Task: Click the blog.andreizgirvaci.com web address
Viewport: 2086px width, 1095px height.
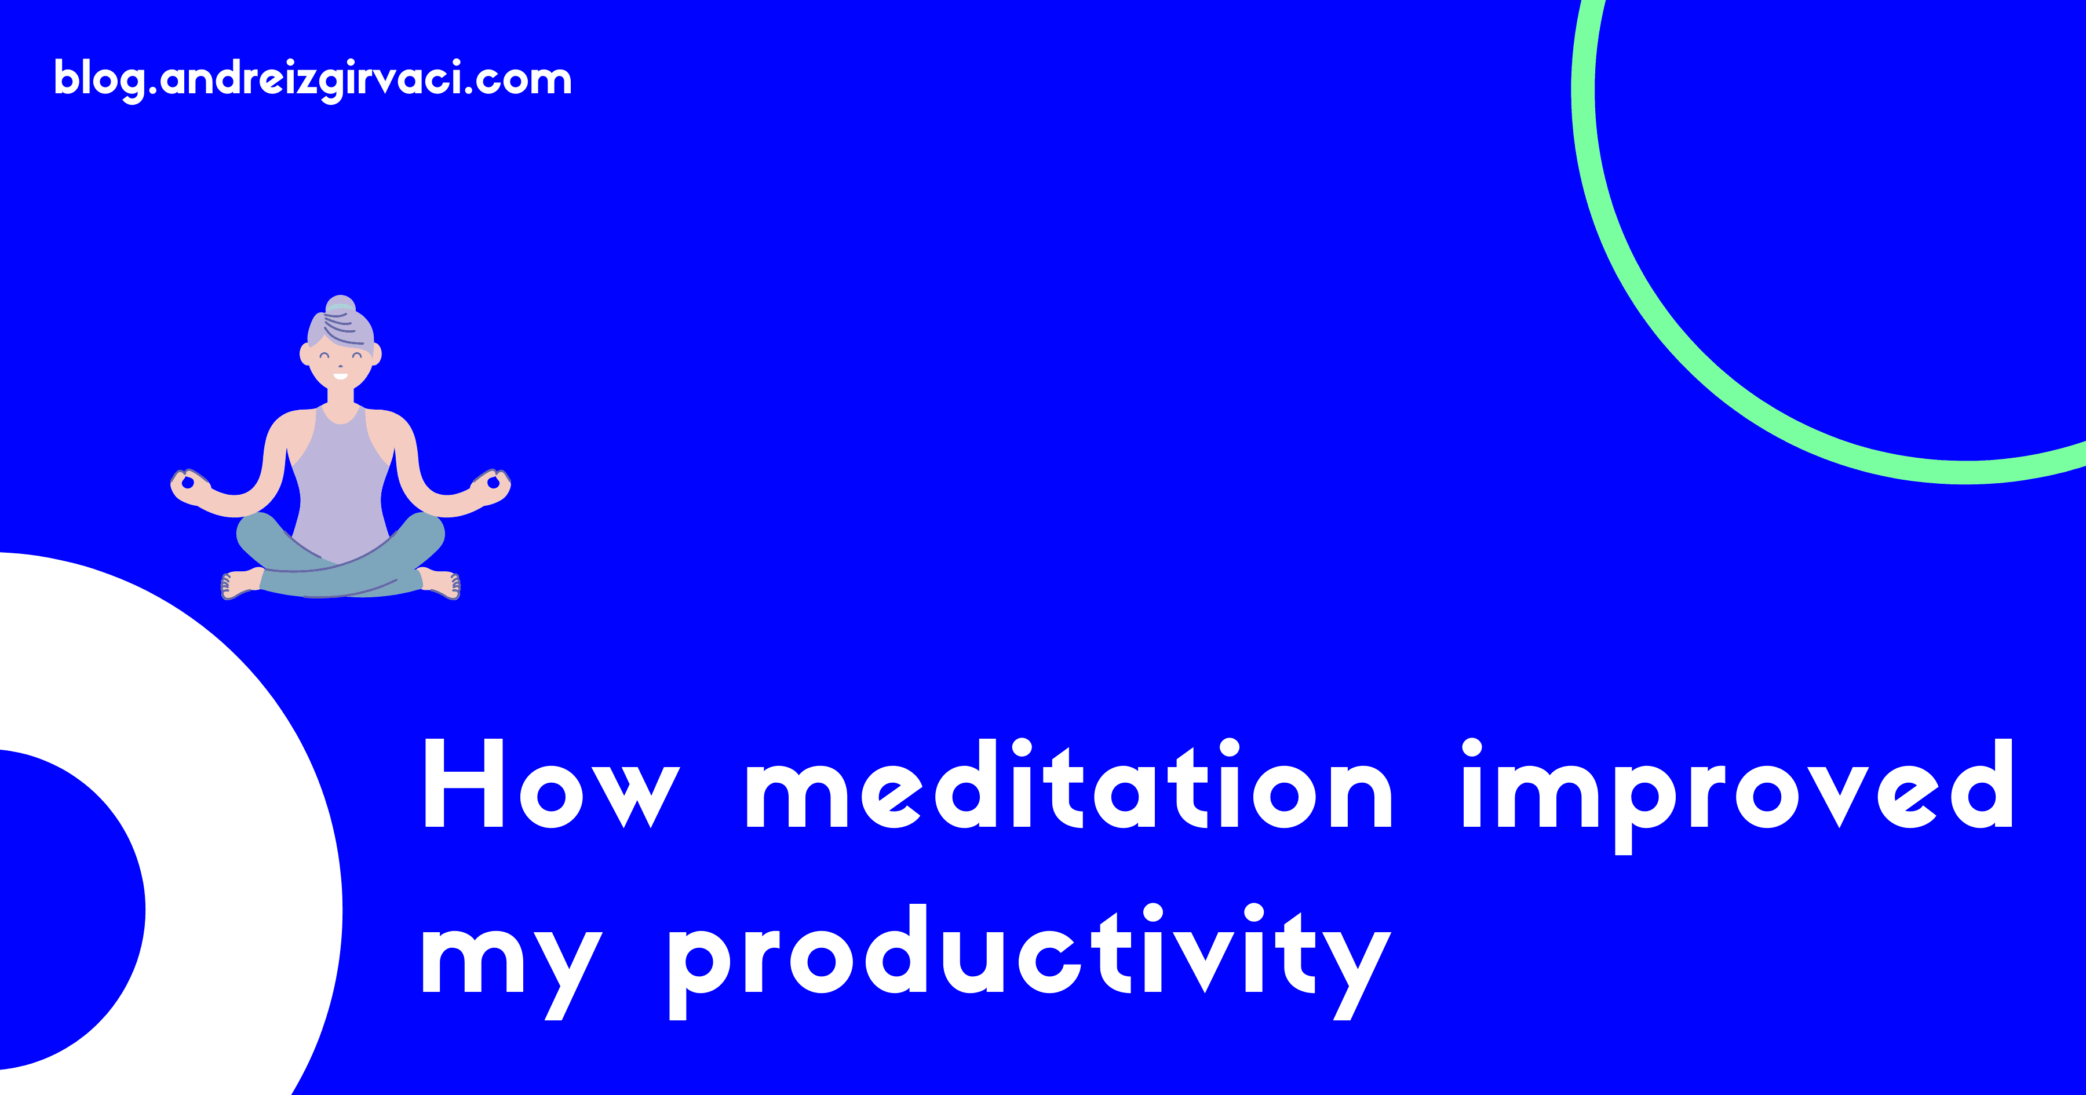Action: pyautogui.click(x=312, y=80)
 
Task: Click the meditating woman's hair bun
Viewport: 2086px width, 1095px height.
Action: pyautogui.click(x=340, y=305)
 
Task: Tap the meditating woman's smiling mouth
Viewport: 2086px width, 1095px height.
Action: pyautogui.click(x=340, y=376)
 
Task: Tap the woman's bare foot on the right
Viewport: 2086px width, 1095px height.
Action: pyautogui.click(x=440, y=583)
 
